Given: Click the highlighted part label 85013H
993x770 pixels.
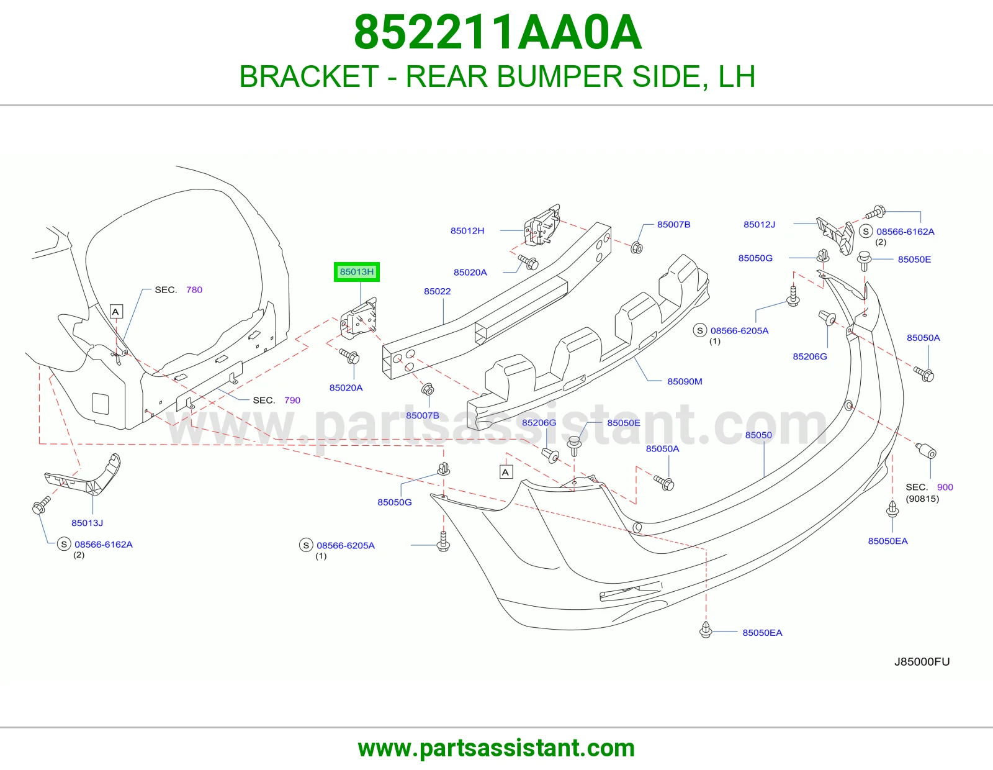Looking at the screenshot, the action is (x=356, y=272).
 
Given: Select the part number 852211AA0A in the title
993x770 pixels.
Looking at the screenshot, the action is (x=498, y=32).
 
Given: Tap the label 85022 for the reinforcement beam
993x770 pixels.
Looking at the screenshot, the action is (x=437, y=291).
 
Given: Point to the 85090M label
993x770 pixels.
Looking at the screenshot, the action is (x=685, y=381).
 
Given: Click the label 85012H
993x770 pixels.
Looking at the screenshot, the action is (x=467, y=231).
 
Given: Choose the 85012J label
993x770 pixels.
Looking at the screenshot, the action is (x=759, y=225).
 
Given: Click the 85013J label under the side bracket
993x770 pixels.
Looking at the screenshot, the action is (x=87, y=523).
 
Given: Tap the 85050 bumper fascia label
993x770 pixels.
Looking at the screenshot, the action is (x=758, y=435).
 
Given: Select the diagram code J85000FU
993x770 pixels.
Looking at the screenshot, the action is (x=922, y=661).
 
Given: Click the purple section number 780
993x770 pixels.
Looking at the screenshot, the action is (x=194, y=290).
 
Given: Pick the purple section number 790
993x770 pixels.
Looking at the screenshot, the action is (x=292, y=401).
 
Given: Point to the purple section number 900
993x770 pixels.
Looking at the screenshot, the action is (x=945, y=487).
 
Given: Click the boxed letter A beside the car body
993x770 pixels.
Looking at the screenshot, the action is (x=116, y=312).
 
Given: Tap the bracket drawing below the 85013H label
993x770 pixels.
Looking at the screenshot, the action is (x=359, y=318).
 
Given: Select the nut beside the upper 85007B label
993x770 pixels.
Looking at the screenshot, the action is (x=637, y=248).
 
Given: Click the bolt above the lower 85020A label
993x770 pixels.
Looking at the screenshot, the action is (x=349, y=356).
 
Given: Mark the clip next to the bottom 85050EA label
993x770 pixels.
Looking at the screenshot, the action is (x=706, y=630).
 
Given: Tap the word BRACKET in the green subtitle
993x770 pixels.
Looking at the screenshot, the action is (x=309, y=76).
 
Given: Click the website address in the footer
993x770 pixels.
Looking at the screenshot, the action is (x=496, y=748).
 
